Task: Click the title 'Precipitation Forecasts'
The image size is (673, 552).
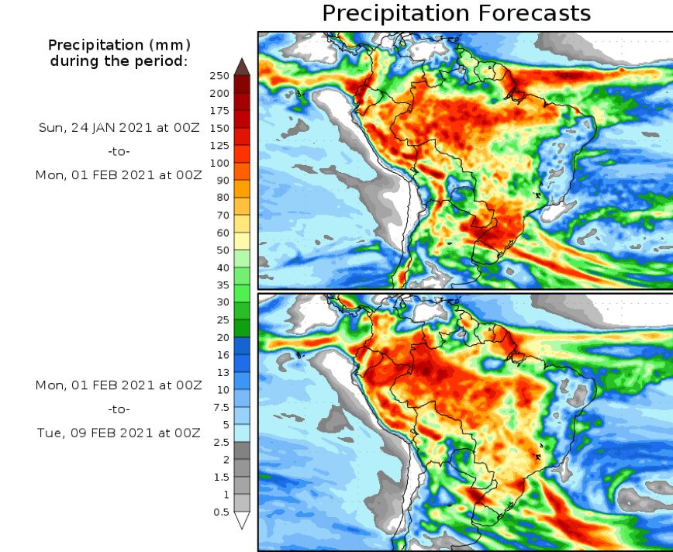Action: (456, 13)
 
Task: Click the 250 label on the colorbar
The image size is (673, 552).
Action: (219, 76)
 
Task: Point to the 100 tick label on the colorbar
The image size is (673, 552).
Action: (219, 163)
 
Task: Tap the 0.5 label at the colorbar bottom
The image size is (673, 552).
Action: (221, 512)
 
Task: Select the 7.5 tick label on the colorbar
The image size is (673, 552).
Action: (221, 407)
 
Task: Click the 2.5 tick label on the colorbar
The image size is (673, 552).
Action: (221, 442)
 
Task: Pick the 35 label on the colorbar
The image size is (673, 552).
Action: (222, 285)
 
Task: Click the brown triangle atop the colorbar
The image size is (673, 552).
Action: (242, 67)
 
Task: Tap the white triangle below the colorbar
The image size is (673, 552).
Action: (242, 520)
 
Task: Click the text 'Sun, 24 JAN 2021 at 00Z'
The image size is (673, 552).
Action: (119, 127)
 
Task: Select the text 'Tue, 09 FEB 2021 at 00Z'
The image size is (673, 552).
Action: (119, 433)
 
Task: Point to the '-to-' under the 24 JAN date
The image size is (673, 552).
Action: (119, 151)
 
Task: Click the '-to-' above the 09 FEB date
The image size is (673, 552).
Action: (119, 409)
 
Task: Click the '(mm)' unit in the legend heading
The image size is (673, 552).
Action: (170, 44)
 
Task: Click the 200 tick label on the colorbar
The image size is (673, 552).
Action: (219, 93)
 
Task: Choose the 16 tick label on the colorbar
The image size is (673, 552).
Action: (223, 354)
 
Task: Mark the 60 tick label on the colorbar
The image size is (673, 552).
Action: (222, 233)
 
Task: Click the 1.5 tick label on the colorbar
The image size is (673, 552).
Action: (221, 477)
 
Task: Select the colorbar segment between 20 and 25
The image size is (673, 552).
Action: (242, 328)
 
